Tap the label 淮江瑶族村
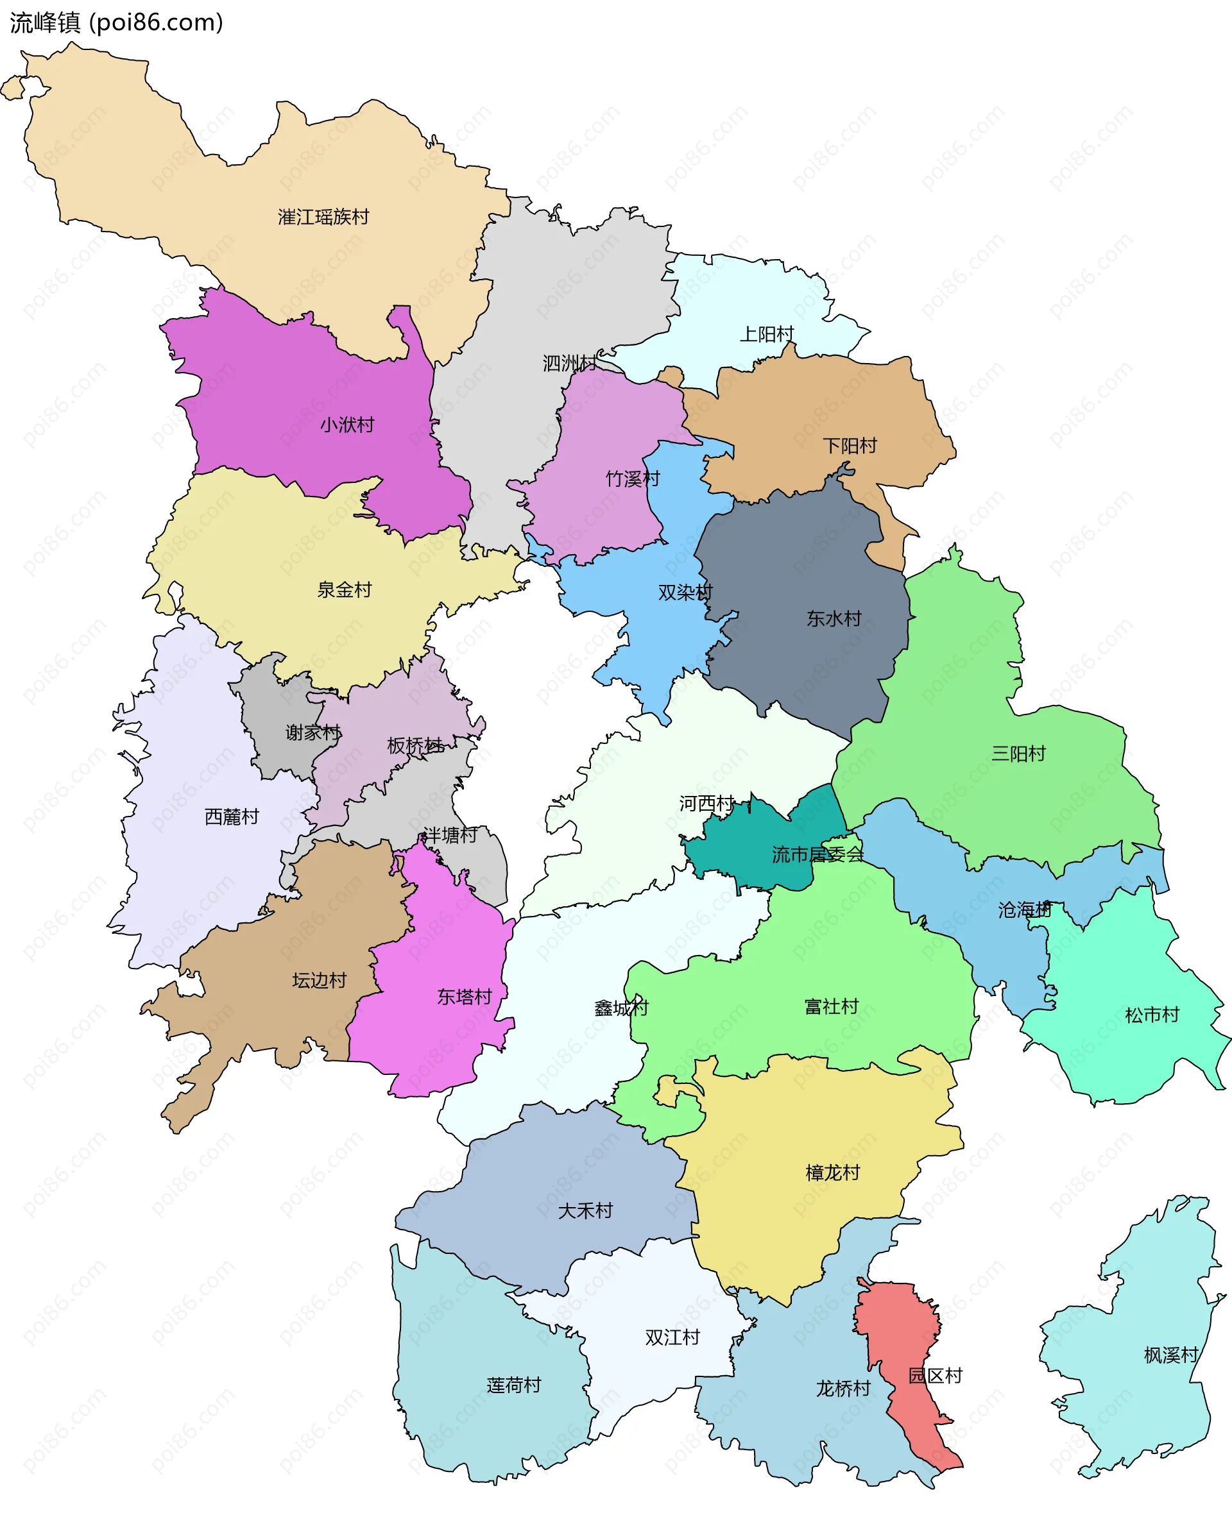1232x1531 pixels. coord(323,217)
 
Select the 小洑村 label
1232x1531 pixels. coord(346,425)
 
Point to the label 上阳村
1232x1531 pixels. coord(767,334)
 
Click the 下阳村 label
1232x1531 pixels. coord(850,445)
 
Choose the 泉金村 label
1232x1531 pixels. coord(344,589)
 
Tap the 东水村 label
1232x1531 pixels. coord(834,618)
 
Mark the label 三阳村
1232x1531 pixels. coord(1018,754)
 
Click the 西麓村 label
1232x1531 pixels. coord(232,816)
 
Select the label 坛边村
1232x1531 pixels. coord(319,981)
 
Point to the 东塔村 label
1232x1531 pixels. coord(464,997)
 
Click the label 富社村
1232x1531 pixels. coord(832,1006)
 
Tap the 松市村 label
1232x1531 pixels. coord(1152,1015)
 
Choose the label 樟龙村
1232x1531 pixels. coord(832,1172)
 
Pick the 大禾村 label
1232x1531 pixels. coord(585,1211)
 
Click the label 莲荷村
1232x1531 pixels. coord(514,1385)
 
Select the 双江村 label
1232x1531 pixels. coord(672,1337)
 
